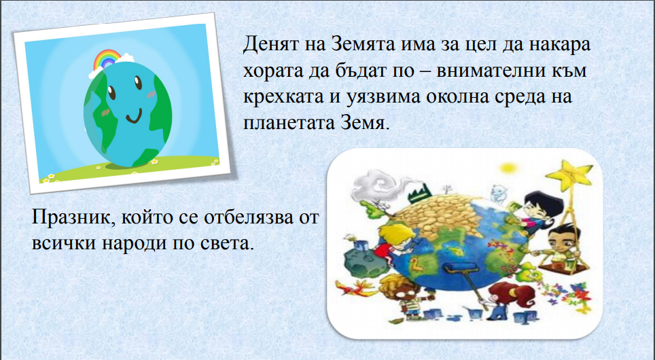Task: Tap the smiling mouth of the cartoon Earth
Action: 135,117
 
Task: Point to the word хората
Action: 268,71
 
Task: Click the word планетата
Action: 285,123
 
